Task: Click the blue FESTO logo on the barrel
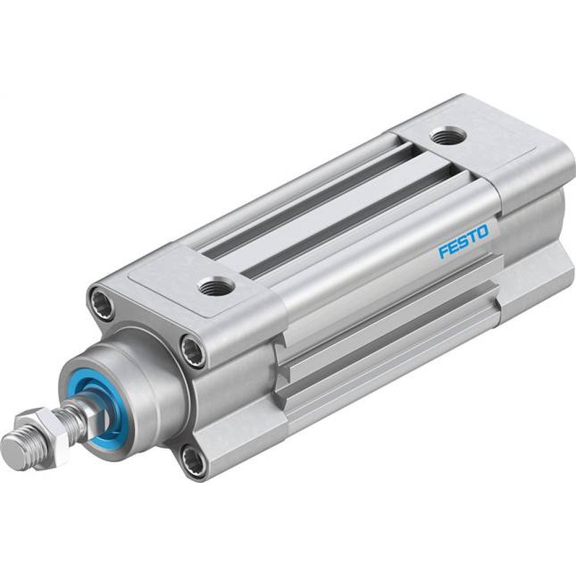[463, 242]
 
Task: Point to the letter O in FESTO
[483, 233]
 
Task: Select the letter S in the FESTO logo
[464, 242]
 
